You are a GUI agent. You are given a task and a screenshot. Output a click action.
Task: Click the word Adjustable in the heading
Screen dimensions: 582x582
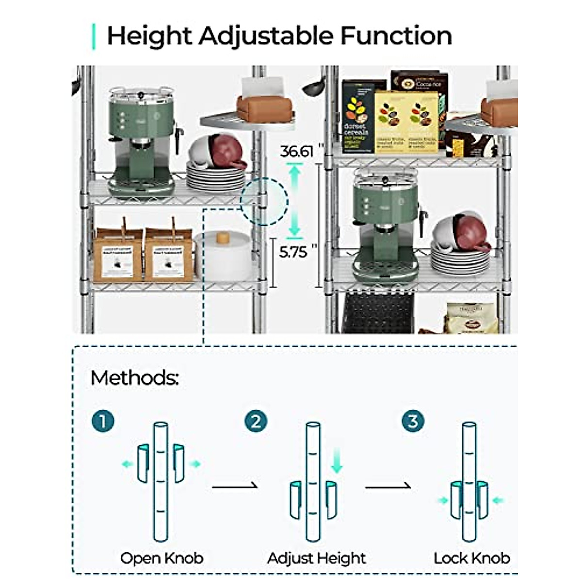coord(266,36)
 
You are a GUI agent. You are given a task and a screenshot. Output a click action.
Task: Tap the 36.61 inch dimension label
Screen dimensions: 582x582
coord(297,151)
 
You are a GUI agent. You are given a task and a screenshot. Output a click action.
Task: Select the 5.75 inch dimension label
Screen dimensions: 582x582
coord(293,252)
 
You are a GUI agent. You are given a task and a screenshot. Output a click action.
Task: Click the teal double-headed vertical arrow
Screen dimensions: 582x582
coord(294,200)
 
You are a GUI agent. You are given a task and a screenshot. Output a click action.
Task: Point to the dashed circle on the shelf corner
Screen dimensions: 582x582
coord(264,201)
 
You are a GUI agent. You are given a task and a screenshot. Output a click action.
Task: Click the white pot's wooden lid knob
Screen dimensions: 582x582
coord(223,238)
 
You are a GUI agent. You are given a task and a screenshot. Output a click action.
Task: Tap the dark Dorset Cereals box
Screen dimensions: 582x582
coord(356,116)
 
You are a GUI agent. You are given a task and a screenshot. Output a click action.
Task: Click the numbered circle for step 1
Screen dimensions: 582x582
coord(103,421)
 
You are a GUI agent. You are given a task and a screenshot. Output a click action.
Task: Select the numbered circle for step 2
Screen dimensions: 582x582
coord(256,421)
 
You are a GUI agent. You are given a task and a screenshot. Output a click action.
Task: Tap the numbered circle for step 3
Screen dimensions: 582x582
coord(413,421)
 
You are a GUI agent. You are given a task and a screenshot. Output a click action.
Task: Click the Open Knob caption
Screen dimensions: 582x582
coord(162,558)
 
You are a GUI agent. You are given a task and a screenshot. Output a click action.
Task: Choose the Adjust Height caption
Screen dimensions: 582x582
coord(316,558)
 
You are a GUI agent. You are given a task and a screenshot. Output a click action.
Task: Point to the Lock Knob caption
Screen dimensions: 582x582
coord(471,558)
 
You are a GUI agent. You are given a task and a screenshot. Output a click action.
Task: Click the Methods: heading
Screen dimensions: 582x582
coord(134,378)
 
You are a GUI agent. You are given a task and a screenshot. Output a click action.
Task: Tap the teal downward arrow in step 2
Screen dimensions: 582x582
coord(337,461)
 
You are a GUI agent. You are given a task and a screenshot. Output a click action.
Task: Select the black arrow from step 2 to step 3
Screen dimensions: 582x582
coord(388,486)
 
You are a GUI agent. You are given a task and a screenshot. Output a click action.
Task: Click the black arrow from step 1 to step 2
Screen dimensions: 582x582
coord(235,486)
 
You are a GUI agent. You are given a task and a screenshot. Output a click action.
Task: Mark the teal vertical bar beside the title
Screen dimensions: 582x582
coord(94,36)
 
